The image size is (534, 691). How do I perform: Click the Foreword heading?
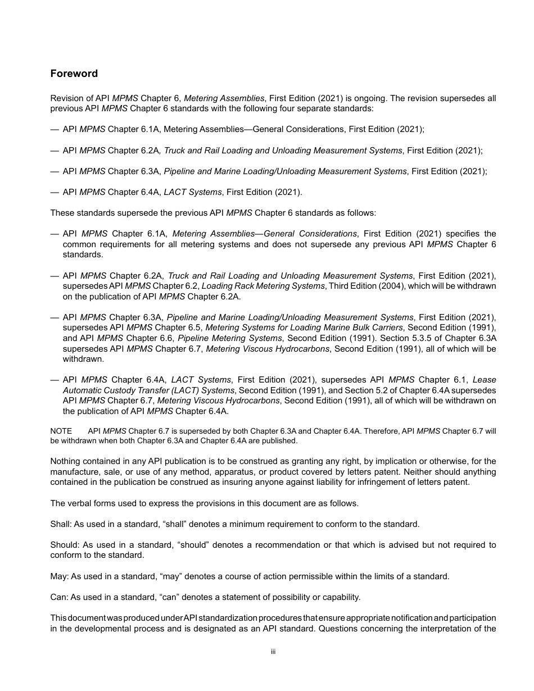[74, 74]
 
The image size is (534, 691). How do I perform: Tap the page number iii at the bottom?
[273, 652]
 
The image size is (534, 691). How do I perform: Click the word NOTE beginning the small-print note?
[61, 431]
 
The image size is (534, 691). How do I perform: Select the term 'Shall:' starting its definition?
[61, 524]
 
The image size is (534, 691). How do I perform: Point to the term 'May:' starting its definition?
[59, 576]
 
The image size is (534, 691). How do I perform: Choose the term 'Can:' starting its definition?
[59, 597]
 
